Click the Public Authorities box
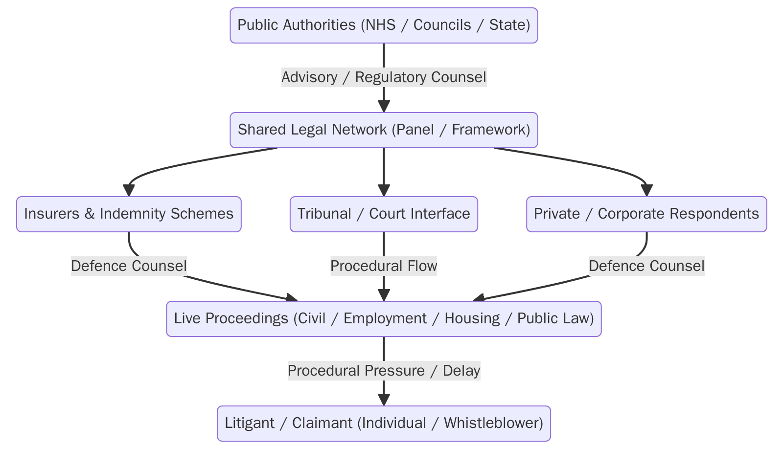click(x=384, y=25)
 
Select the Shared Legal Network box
click(x=384, y=130)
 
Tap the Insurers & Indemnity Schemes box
click(x=129, y=214)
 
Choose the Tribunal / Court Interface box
click(x=384, y=214)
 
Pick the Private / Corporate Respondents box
click(x=646, y=214)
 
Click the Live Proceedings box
click(x=384, y=319)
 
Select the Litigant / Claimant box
click(x=384, y=424)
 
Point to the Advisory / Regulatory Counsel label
click(x=384, y=77)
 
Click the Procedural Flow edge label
click(x=384, y=266)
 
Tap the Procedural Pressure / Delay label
click(x=384, y=371)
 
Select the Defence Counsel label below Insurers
click(x=129, y=266)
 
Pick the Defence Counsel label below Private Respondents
click(x=646, y=266)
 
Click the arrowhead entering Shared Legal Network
click(x=384, y=107)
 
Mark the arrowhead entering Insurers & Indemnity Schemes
click(x=129, y=191)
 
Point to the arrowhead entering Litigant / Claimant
click(x=384, y=400)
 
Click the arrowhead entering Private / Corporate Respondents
click(x=646, y=191)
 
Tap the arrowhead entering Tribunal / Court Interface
click(x=384, y=191)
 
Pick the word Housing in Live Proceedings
click(x=472, y=319)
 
